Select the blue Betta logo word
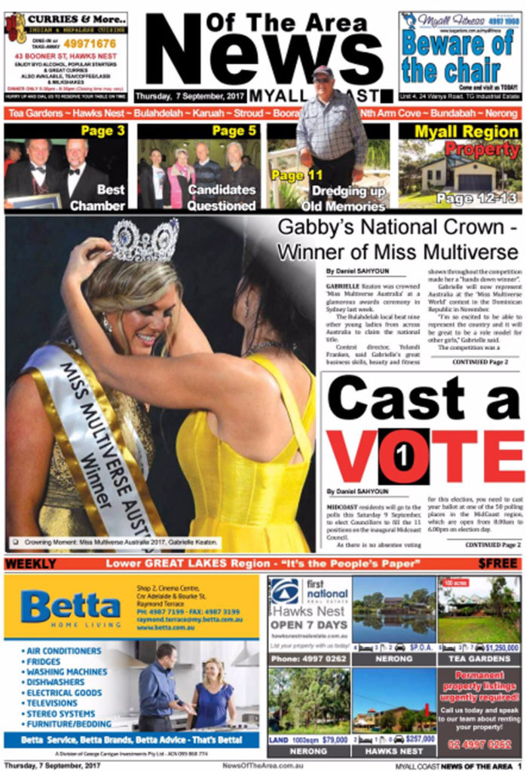point(70,605)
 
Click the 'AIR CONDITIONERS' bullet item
point(64,651)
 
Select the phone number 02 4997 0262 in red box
point(479,745)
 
